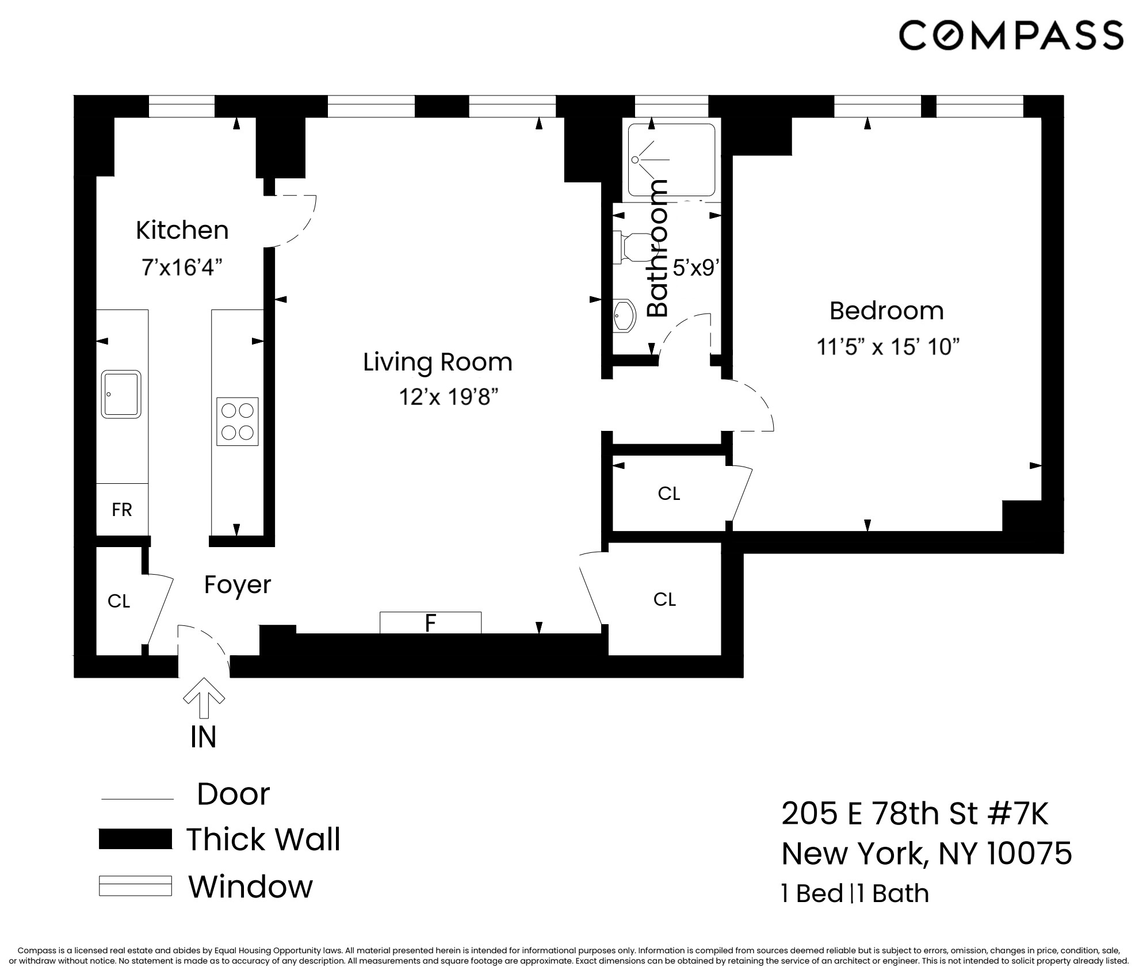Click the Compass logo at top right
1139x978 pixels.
[x=1011, y=36]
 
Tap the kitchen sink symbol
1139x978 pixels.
[x=121, y=394]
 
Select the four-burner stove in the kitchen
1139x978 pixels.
[x=237, y=421]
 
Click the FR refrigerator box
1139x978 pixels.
[x=122, y=510]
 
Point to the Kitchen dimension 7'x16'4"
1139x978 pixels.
[x=182, y=268]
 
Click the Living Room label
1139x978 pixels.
[x=437, y=362]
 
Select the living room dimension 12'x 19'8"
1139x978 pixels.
[x=448, y=397]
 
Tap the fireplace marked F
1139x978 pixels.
[x=430, y=623]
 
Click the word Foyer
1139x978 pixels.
[x=237, y=585]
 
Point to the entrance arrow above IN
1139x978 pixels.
[x=204, y=698]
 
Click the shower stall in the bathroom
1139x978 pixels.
[x=671, y=160]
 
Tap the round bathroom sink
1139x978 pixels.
[x=625, y=315]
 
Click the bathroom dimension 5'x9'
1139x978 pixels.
[x=696, y=268]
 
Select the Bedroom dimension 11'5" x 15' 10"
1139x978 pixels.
[x=888, y=347]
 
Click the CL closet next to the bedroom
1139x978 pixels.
[x=668, y=494]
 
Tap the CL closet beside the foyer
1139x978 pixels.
[x=119, y=601]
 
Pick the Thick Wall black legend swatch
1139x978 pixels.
[x=135, y=839]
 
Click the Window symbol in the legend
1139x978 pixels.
[x=135, y=886]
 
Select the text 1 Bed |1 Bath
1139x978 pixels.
[x=855, y=893]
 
